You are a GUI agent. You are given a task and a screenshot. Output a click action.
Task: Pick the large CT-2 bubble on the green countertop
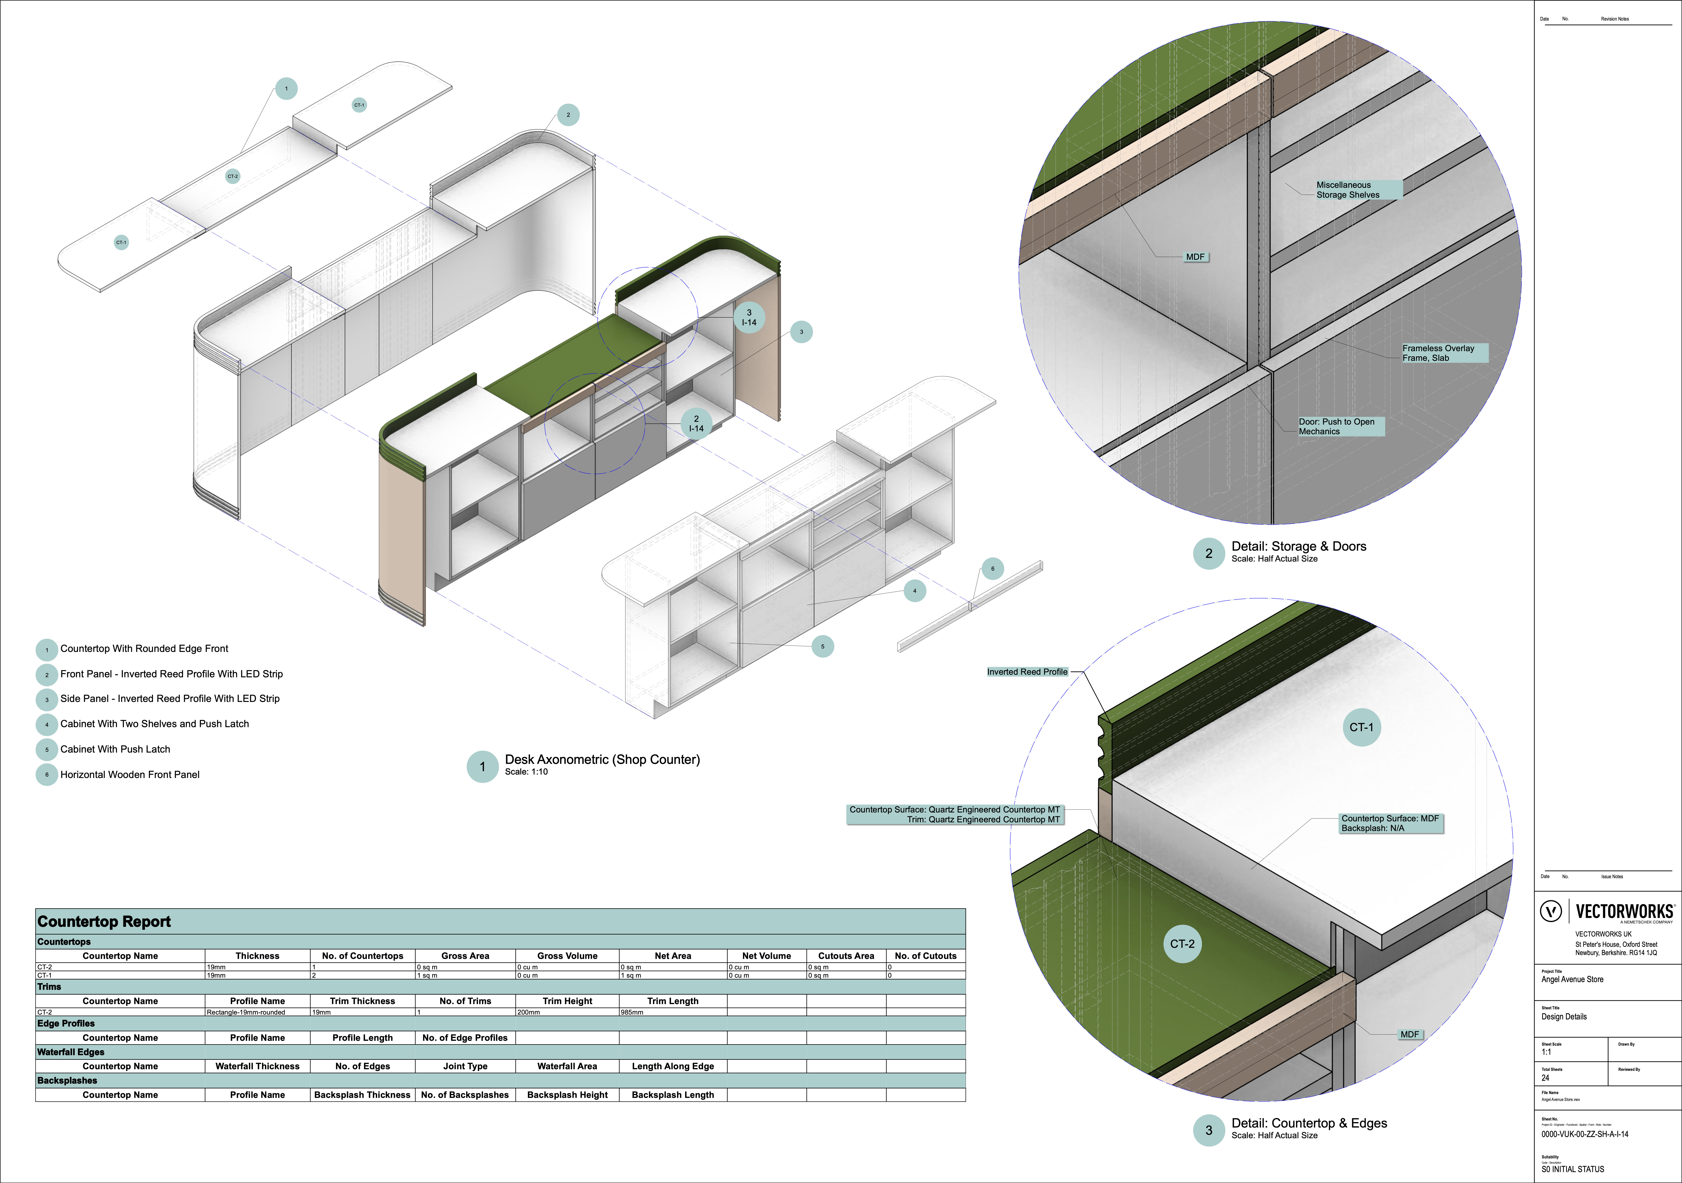click(x=1182, y=944)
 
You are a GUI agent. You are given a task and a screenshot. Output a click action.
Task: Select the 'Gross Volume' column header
click(x=567, y=956)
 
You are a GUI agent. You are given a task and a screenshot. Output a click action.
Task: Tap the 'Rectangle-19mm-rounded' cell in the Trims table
click(x=246, y=1012)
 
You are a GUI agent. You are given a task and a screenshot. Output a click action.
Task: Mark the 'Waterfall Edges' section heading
click(x=71, y=1052)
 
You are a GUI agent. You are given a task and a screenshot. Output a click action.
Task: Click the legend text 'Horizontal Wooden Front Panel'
click(x=130, y=775)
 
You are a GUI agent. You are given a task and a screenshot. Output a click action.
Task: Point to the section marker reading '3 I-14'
click(x=749, y=317)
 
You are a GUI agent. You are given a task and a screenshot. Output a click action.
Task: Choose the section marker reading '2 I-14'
click(x=696, y=424)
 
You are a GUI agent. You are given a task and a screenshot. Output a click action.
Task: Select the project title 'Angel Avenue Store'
click(x=1572, y=979)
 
